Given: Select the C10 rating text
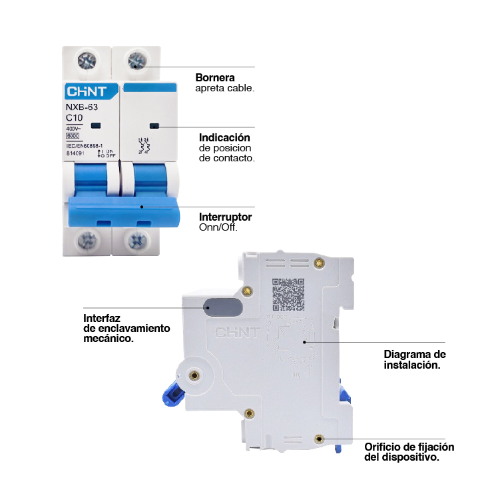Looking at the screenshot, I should [75, 118].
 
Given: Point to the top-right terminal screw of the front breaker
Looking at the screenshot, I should [137, 61].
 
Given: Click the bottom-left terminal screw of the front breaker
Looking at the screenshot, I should [87, 239].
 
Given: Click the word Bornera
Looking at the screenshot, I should [214, 77].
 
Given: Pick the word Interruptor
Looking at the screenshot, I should [225, 217].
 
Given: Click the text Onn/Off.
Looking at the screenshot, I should [218, 227].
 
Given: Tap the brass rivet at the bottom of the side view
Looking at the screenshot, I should [319, 439].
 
